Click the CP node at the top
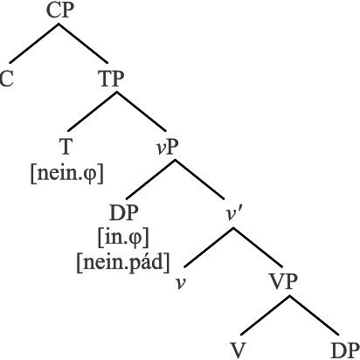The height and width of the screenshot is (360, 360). coord(60,10)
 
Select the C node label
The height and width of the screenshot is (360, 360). coord(7,79)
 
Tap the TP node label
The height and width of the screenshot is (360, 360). coord(112,79)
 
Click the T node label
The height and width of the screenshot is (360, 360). coord(66,147)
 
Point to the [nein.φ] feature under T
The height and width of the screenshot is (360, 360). coord(67,174)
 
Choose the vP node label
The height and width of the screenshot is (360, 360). coord(167,147)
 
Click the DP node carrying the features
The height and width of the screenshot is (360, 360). coord(123,212)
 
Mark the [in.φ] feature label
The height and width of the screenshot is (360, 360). coord(123,239)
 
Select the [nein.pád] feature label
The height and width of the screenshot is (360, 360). coord(123,263)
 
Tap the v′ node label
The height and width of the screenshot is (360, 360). coord(233,215)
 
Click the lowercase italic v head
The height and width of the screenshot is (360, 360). coord(181,283)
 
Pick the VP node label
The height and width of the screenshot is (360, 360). coord(284,281)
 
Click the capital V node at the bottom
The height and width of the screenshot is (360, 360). coord(239,350)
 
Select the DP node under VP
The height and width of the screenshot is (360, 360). coord(345,350)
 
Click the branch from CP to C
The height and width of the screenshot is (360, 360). coord(34,43)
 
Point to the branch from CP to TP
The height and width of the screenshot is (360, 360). coord(83,43)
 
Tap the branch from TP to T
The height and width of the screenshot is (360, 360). coord(93,111)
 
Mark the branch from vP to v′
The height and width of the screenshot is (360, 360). coord(199,179)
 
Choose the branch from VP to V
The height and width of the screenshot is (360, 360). coord(266,315)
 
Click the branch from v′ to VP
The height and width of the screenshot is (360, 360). coord(258,247)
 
